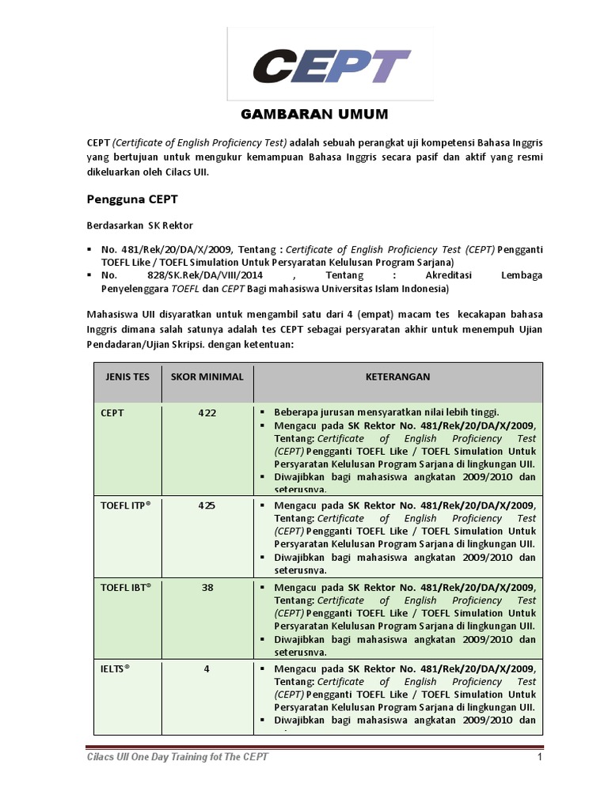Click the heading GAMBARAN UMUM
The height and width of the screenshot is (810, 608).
coord(314,115)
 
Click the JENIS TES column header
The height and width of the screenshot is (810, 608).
coord(127,377)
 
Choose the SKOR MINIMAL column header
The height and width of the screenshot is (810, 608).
coord(207,377)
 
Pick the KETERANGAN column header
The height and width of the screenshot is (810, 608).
coord(397,377)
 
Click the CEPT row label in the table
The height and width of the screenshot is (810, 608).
coord(112,413)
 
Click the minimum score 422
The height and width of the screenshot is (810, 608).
coord(207,413)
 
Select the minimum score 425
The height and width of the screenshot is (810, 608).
coord(207,505)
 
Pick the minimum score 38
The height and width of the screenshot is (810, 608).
coord(207,587)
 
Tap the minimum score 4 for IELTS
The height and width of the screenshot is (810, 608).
coord(207,669)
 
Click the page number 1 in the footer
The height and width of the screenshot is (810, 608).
coord(538,758)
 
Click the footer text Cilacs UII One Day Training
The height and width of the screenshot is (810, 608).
coord(177,758)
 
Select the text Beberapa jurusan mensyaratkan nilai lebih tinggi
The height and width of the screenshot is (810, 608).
coord(386,412)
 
